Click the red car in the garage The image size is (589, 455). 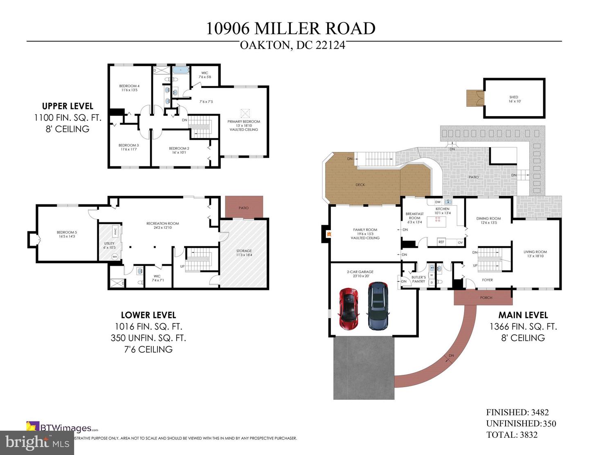[348, 309]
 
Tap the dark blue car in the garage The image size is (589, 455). [378, 306]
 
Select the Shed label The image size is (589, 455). [514, 99]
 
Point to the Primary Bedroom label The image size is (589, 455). [244, 125]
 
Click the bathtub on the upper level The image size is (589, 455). [180, 70]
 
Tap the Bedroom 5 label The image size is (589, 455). [67, 234]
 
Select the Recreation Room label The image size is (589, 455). [162, 225]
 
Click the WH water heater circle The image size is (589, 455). [115, 257]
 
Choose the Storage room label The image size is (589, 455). [244, 253]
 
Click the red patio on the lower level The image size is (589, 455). [244, 208]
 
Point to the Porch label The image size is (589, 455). [486, 298]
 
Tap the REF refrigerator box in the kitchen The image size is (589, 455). [441, 242]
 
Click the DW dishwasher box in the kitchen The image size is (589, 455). [438, 202]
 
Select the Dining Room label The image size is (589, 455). [488, 220]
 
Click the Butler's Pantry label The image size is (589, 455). [418, 279]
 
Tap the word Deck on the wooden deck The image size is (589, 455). [360, 185]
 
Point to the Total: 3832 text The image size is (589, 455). [512, 435]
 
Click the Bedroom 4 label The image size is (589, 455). [129, 88]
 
